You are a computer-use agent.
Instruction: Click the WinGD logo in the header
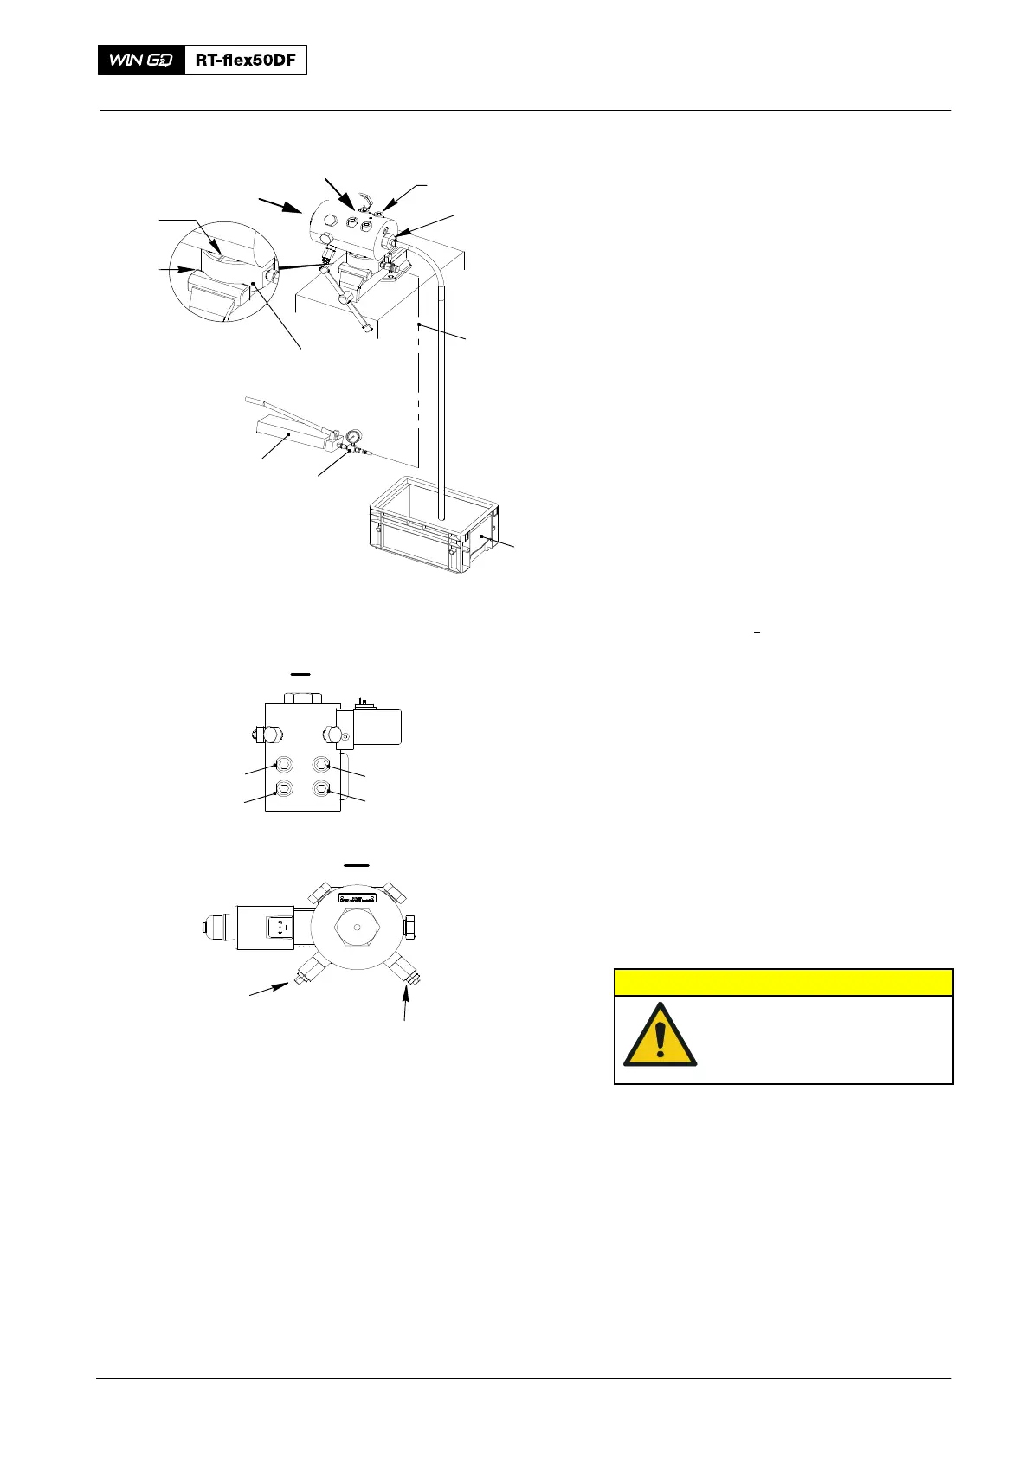141,61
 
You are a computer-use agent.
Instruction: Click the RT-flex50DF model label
246,61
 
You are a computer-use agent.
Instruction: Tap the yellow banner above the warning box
783,982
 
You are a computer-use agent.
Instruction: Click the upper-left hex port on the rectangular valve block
282,764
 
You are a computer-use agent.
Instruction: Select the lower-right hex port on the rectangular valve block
321,788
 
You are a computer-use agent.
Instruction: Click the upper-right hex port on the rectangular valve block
321,764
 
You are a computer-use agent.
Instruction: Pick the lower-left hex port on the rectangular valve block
282,788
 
